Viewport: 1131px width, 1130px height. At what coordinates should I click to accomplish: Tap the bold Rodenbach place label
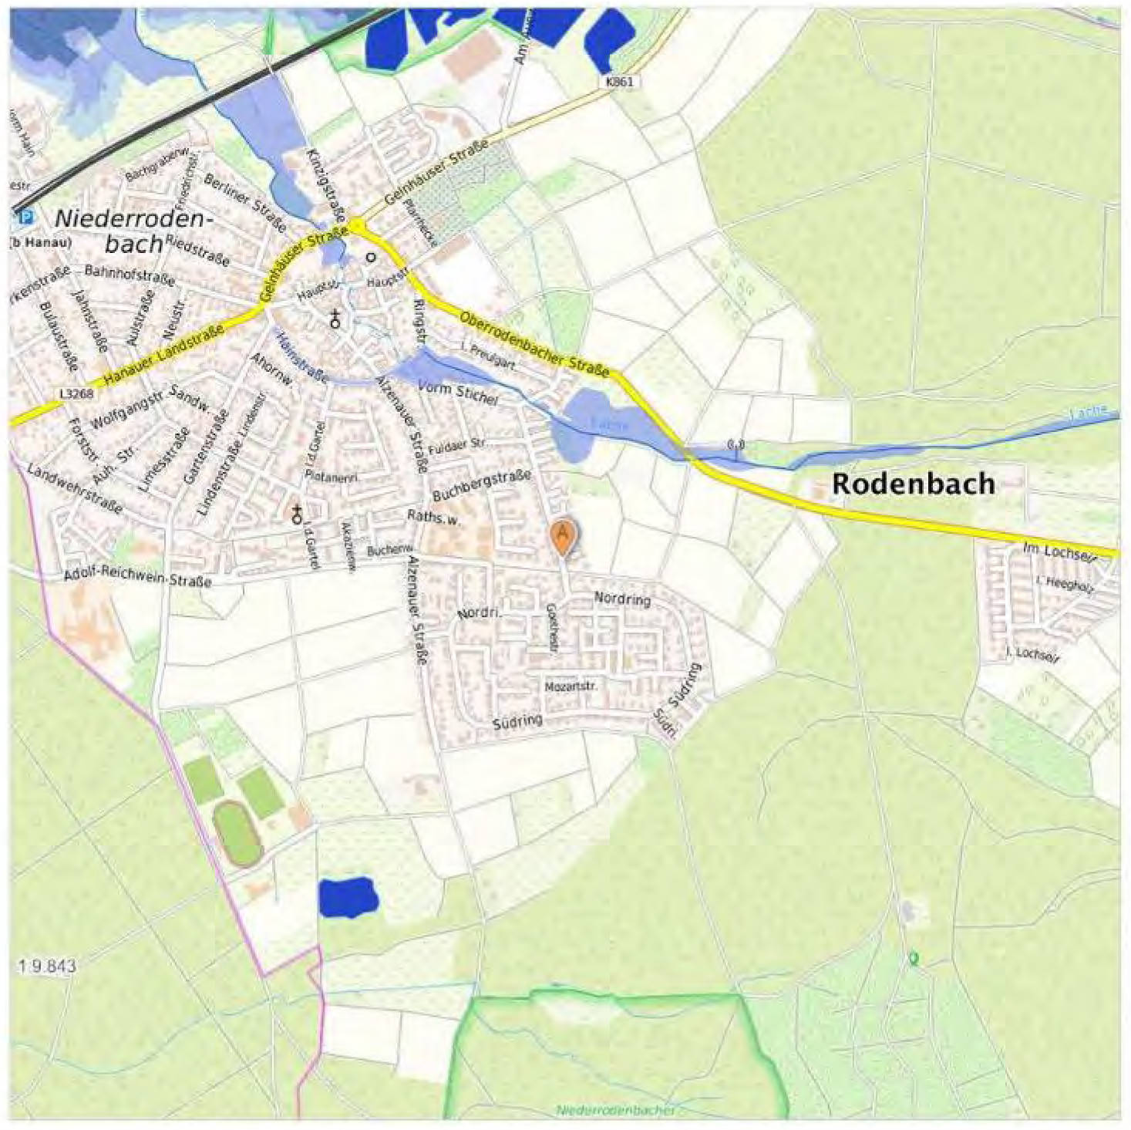pyautogui.click(x=913, y=484)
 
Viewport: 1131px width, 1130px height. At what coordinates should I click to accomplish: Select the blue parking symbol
pyautogui.click(x=27, y=218)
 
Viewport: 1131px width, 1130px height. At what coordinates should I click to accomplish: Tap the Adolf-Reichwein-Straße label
pyautogui.click(x=137, y=577)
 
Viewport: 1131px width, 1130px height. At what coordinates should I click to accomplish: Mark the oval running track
pyautogui.click(x=237, y=834)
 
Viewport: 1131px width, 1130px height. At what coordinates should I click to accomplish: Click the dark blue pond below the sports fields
pyautogui.click(x=348, y=897)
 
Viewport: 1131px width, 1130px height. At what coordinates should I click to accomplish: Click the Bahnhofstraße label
pyautogui.click(x=119, y=272)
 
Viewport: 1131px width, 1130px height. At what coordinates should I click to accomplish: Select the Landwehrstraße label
pyautogui.click(x=74, y=488)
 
